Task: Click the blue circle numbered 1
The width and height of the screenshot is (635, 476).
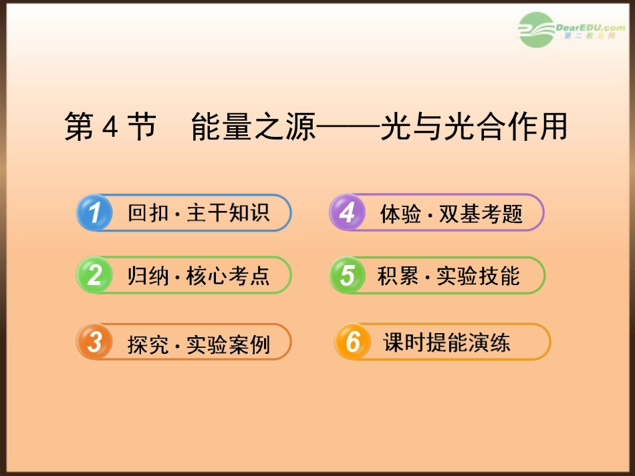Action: coord(94,213)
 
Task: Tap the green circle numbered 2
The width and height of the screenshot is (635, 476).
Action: coord(94,275)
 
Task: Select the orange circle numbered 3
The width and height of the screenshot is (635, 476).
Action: coord(94,342)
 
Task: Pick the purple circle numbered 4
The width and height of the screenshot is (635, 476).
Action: coord(347,213)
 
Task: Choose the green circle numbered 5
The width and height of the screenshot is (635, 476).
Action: coord(347,275)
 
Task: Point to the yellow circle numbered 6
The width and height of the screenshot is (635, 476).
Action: coord(352,342)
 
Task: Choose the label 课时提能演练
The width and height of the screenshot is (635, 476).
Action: coord(447,342)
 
